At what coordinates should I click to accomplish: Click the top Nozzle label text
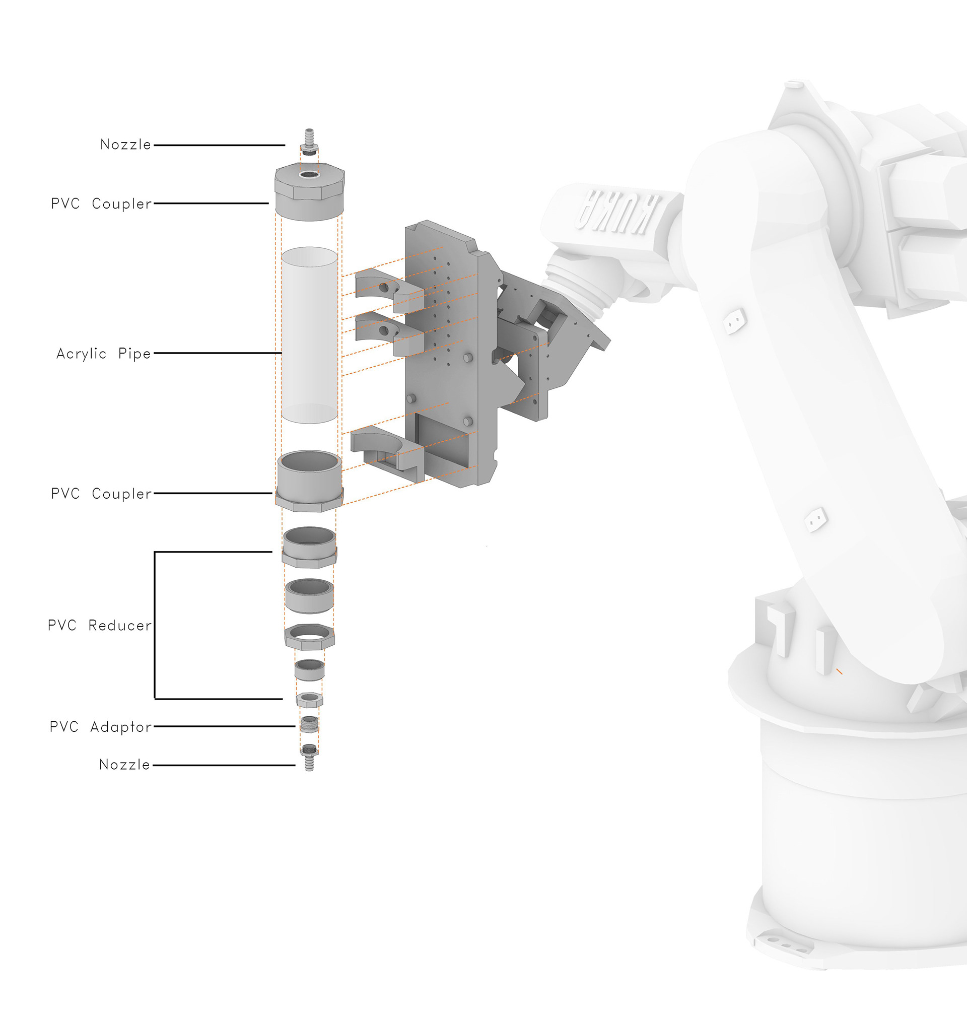pyautogui.click(x=126, y=145)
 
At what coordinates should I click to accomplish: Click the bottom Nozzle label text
pyautogui.click(x=125, y=765)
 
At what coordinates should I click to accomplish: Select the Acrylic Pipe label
pyautogui.click(x=104, y=354)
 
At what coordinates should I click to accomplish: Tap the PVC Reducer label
pyautogui.click(x=100, y=626)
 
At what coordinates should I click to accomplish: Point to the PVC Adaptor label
pyautogui.click(x=101, y=727)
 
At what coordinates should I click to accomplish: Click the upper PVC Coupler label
pyautogui.click(x=102, y=204)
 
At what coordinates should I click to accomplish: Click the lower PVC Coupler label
pyautogui.click(x=102, y=494)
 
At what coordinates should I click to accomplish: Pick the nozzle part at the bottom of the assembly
pyautogui.click(x=309, y=757)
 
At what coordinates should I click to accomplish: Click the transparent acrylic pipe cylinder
pyautogui.click(x=309, y=335)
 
